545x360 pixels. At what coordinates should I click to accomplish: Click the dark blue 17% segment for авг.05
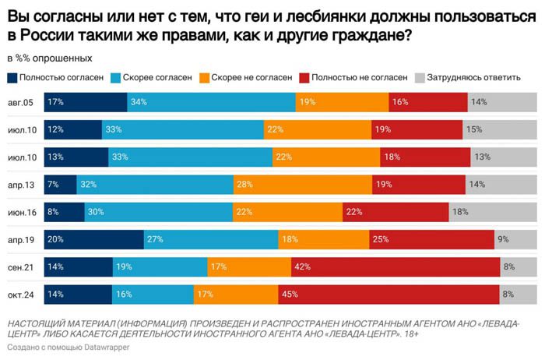click(x=86, y=102)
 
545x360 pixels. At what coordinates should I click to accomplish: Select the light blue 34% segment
click(x=211, y=102)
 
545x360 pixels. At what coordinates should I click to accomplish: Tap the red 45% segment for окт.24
click(x=389, y=295)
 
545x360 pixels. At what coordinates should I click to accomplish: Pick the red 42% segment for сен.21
click(x=396, y=267)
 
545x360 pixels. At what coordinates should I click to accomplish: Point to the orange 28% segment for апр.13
click(x=303, y=185)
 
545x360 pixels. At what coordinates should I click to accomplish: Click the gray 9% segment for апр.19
click(x=515, y=240)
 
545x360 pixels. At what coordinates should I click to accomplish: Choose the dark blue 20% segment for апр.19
click(x=94, y=240)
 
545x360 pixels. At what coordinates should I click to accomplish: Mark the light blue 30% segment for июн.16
click(x=159, y=212)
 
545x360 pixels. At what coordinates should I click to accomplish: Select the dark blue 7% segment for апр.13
click(x=60, y=185)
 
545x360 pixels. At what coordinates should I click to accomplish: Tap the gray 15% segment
click(x=500, y=129)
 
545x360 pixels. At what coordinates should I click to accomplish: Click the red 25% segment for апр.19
click(x=431, y=240)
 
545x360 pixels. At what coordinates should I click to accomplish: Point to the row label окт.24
click(x=21, y=295)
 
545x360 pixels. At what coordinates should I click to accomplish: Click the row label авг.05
click(x=20, y=103)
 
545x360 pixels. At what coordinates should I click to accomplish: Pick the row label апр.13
click(x=21, y=185)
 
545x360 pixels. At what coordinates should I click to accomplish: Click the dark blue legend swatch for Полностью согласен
click(x=12, y=78)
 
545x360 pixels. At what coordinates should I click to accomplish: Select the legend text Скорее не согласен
click(x=251, y=78)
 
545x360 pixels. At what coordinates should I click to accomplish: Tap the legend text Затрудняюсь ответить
click(x=473, y=78)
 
